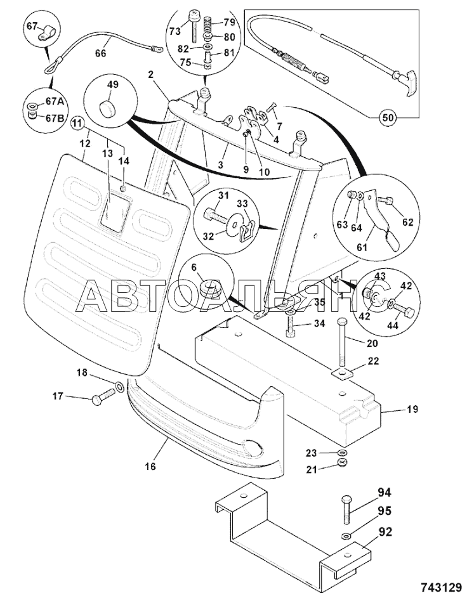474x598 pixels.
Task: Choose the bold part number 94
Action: (x=385, y=491)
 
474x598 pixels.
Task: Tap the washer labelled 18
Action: (x=119, y=386)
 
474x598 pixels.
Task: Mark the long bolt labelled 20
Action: (x=343, y=342)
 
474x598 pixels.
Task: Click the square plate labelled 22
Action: (x=343, y=374)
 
